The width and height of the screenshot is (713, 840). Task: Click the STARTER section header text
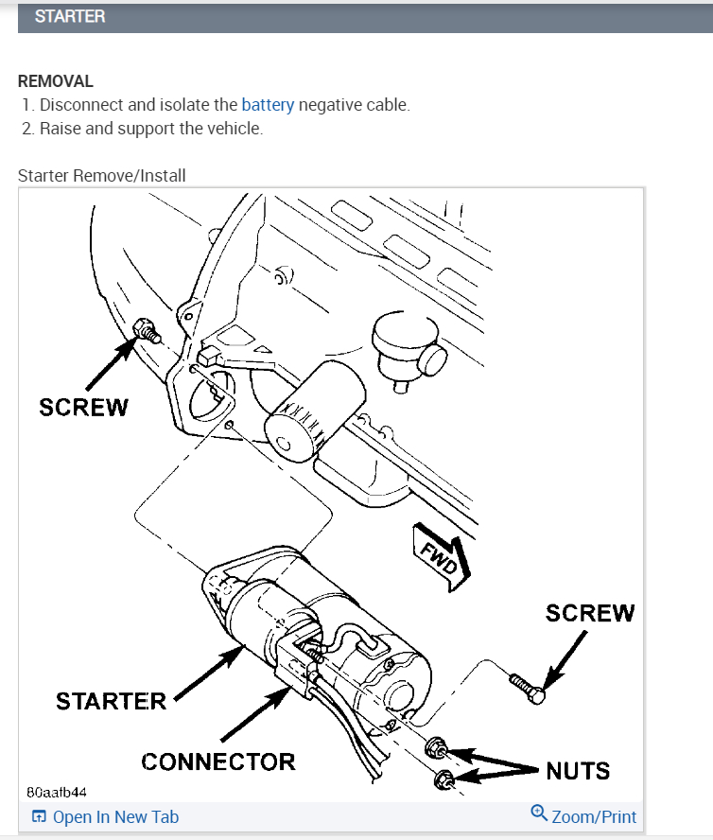[70, 17]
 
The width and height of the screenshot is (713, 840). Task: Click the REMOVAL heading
[56, 81]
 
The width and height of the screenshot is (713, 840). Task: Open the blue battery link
[268, 105]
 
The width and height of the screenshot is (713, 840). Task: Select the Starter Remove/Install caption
[102, 175]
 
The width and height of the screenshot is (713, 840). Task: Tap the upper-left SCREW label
[83, 407]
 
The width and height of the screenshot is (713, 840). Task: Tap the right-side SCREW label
[590, 613]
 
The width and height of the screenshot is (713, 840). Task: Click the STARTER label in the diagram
[111, 701]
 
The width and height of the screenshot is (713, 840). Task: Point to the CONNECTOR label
[218, 761]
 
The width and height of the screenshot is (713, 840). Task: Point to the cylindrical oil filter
[312, 414]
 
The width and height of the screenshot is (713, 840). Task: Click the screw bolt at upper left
[147, 331]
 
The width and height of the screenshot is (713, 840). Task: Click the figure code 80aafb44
[57, 790]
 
